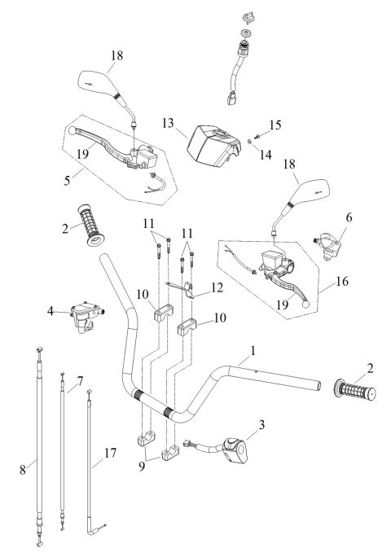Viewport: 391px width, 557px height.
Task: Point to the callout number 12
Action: [x=215, y=287]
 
